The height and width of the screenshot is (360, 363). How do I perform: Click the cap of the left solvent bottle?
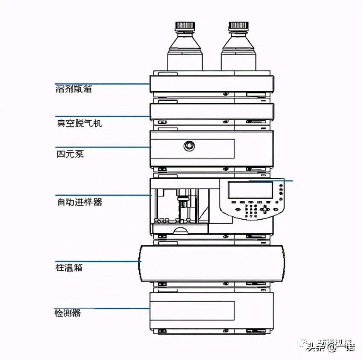coord(184,26)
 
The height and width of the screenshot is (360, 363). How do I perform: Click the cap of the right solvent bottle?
coord(238,26)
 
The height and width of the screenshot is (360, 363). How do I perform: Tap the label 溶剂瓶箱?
coord(73,89)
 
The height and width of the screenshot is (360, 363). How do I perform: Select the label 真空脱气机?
coord(79,123)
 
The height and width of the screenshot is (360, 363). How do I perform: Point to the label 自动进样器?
coord(79,201)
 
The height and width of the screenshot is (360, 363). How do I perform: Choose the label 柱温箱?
coord(69,268)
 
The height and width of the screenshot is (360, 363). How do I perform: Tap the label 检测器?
coord(67,314)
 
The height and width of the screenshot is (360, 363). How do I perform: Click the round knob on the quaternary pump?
coord(189,146)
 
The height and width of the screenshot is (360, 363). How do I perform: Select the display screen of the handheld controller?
coord(250,190)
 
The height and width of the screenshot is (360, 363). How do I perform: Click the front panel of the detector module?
coord(192,310)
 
